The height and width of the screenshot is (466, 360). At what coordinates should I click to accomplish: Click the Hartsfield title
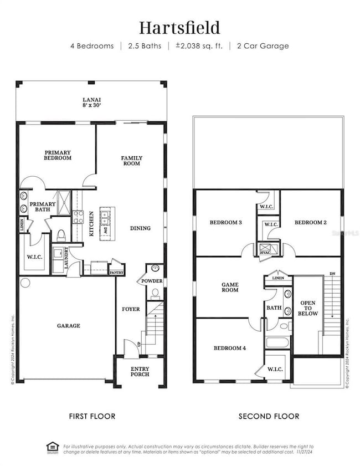(x=180, y=27)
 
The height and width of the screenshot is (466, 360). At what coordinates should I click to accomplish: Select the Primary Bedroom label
(x=58, y=155)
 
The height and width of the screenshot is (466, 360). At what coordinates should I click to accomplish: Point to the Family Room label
(x=132, y=161)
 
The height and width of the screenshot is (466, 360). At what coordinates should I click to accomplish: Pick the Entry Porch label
(x=139, y=371)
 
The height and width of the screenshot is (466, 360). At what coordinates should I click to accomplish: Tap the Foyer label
(x=131, y=309)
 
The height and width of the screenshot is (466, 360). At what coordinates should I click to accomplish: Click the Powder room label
(x=153, y=281)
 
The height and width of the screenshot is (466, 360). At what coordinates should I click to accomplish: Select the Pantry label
(x=117, y=273)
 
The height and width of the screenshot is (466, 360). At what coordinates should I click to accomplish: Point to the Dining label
(x=141, y=228)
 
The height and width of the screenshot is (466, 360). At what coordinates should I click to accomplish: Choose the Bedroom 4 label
(x=230, y=349)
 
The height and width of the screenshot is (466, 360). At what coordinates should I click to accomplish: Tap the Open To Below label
(x=308, y=309)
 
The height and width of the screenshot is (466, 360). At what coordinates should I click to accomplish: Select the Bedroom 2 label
(x=310, y=222)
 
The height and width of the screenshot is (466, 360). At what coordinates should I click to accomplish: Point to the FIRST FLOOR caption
(x=92, y=416)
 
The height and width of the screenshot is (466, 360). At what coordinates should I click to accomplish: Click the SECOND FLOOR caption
(x=269, y=416)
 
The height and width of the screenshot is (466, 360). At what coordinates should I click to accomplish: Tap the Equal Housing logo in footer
(x=52, y=447)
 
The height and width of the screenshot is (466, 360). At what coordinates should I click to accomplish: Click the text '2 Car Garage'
(x=264, y=46)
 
